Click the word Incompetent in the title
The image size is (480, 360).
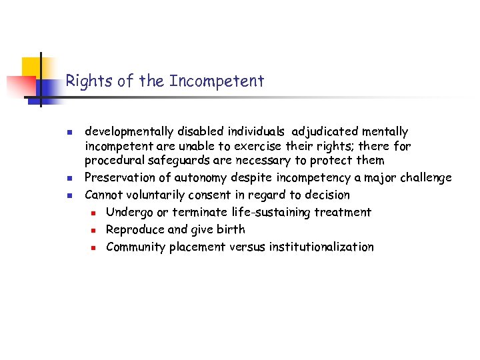(217, 81)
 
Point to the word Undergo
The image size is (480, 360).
(129, 212)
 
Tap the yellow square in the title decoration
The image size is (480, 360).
(31, 67)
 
